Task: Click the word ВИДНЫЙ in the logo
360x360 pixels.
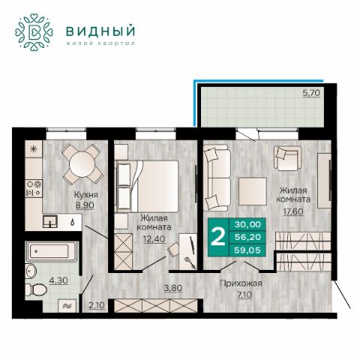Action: [x=100, y=31]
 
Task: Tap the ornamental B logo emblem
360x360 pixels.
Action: [x=34, y=32]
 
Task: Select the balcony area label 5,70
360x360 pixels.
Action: [x=311, y=93]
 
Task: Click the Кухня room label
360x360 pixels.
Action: [x=86, y=194]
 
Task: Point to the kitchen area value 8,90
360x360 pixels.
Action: [x=85, y=205]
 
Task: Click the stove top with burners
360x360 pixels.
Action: [x=34, y=189]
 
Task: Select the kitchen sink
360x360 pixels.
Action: [x=50, y=222]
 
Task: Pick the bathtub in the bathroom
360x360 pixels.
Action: [x=52, y=251]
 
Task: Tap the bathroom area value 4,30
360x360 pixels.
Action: [x=58, y=280]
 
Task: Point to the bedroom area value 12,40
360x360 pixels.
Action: [x=154, y=239]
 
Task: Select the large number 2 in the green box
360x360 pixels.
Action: [x=218, y=237]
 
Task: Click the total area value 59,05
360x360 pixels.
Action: [x=247, y=250]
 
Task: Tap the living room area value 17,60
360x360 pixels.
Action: [x=293, y=211]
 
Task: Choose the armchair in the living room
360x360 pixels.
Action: [x=287, y=158]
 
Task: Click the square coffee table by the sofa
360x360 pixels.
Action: [x=253, y=191]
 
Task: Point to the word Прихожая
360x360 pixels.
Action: [x=241, y=283]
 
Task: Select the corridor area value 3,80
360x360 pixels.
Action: [x=173, y=288]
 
